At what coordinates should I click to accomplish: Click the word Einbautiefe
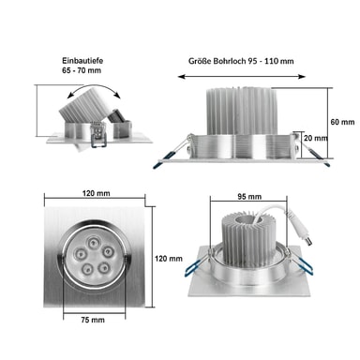(x=82, y=61)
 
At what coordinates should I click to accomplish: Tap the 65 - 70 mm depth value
(x=82, y=70)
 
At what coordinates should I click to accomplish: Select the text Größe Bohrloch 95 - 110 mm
(x=241, y=61)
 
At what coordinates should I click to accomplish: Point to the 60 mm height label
(x=342, y=122)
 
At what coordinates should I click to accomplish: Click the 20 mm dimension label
(x=316, y=138)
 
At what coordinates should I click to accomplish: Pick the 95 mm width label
(x=249, y=197)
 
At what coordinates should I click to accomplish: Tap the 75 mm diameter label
(x=93, y=320)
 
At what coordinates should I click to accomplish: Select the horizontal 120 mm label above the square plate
(x=97, y=193)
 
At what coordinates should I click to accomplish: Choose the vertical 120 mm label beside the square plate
(x=169, y=259)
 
